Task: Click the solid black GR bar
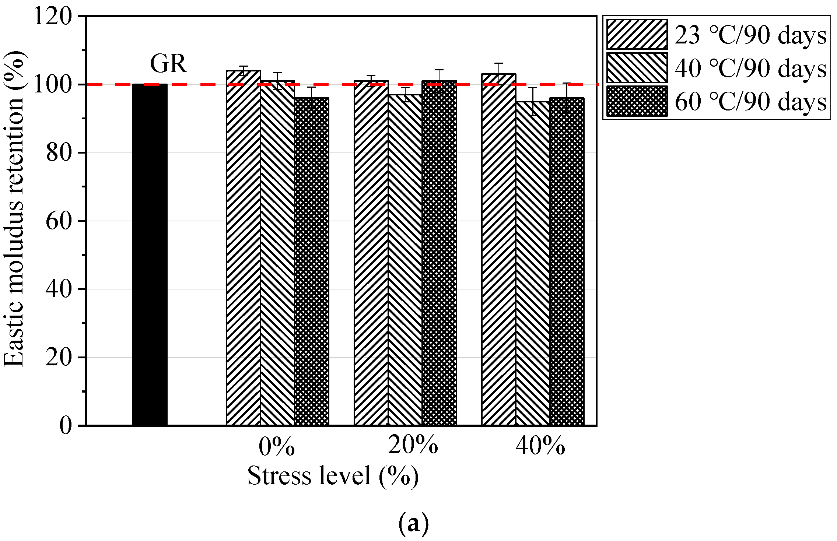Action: pyautogui.click(x=150, y=254)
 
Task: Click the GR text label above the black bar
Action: pyautogui.click(x=168, y=64)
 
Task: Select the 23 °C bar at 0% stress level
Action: pyautogui.click(x=243, y=247)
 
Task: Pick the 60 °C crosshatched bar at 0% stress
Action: pyautogui.click(x=312, y=261)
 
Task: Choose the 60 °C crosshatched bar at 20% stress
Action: pyautogui.click(x=439, y=254)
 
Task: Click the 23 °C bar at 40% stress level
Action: pyautogui.click(x=498, y=250)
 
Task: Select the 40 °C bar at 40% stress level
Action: pyautogui.click(x=533, y=263)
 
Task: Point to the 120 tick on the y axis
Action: pyautogui.click(x=52, y=16)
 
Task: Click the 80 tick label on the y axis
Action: pyautogui.click(x=59, y=153)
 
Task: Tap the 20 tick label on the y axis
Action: pyautogui.click(x=59, y=357)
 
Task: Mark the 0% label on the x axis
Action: pyautogui.click(x=277, y=447)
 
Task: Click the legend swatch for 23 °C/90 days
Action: pyautogui.click(x=637, y=34)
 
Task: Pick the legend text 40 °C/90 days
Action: pyautogui.click(x=751, y=68)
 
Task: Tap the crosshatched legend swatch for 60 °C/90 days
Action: pyautogui.click(x=637, y=101)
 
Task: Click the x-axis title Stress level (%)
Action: pyautogui.click(x=333, y=476)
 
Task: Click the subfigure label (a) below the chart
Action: pyautogui.click(x=413, y=523)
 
